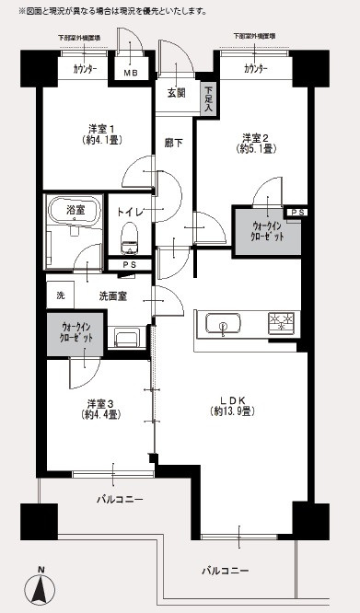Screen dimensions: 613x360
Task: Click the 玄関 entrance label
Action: pyautogui.click(x=177, y=93)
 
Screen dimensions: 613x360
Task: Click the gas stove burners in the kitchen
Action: pyautogui.click(x=281, y=322)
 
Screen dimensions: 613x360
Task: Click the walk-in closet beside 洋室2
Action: pyautogui.click(x=264, y=231)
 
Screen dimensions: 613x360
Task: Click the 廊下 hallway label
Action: pyautogui.click(x=172, y=144)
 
